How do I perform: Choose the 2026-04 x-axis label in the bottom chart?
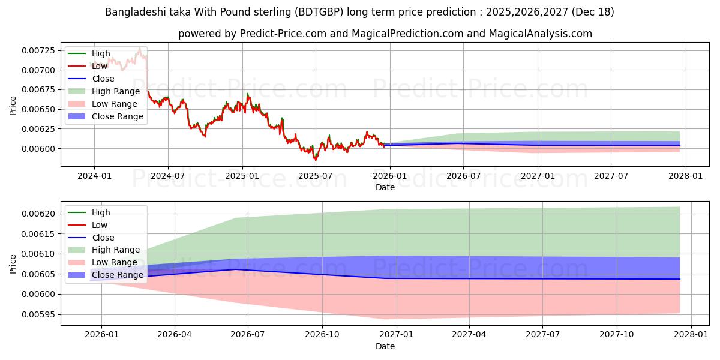[175, 334]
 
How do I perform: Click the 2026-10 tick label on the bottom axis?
[322, 334]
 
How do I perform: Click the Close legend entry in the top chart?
[103, 79]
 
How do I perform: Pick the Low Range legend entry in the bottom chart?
[115, 262]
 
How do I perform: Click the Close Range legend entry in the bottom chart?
[118, 275]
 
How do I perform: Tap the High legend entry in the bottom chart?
[101, 212]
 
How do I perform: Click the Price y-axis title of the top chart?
[13, 106]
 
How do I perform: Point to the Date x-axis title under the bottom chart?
[385, 346]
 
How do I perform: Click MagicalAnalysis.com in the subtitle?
[540, 34]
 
